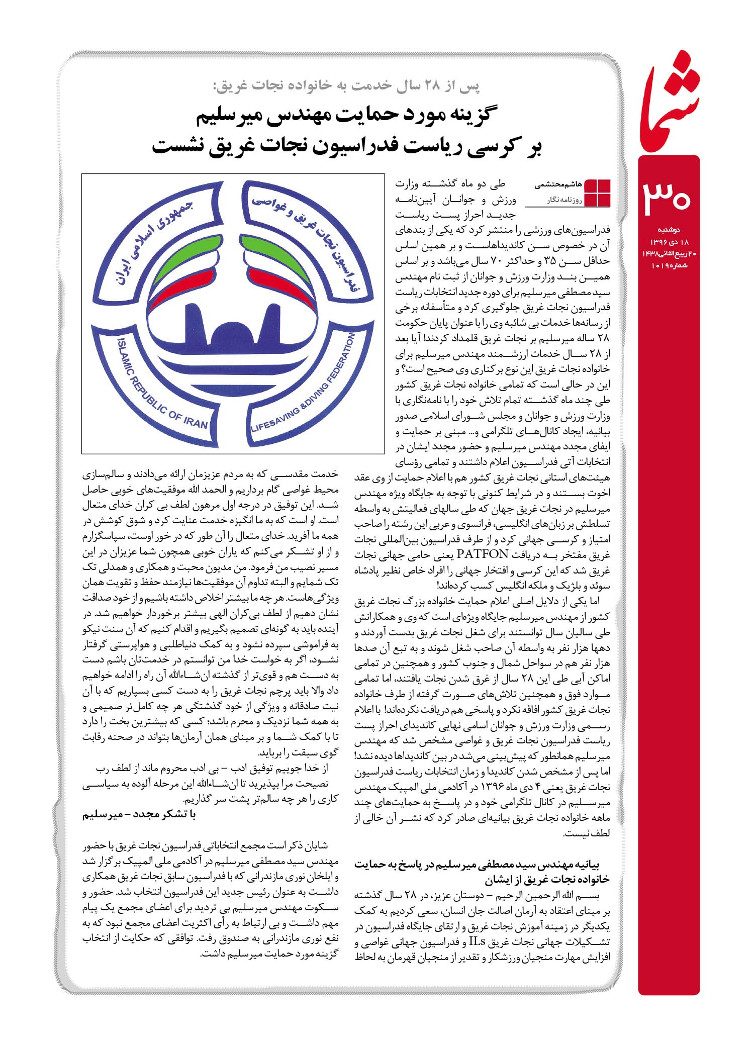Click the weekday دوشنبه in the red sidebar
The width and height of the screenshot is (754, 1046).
670,230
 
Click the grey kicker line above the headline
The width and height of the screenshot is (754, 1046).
347,86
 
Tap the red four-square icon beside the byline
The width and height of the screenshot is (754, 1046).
598,192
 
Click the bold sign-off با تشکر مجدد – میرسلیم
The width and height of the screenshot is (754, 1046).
139,815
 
